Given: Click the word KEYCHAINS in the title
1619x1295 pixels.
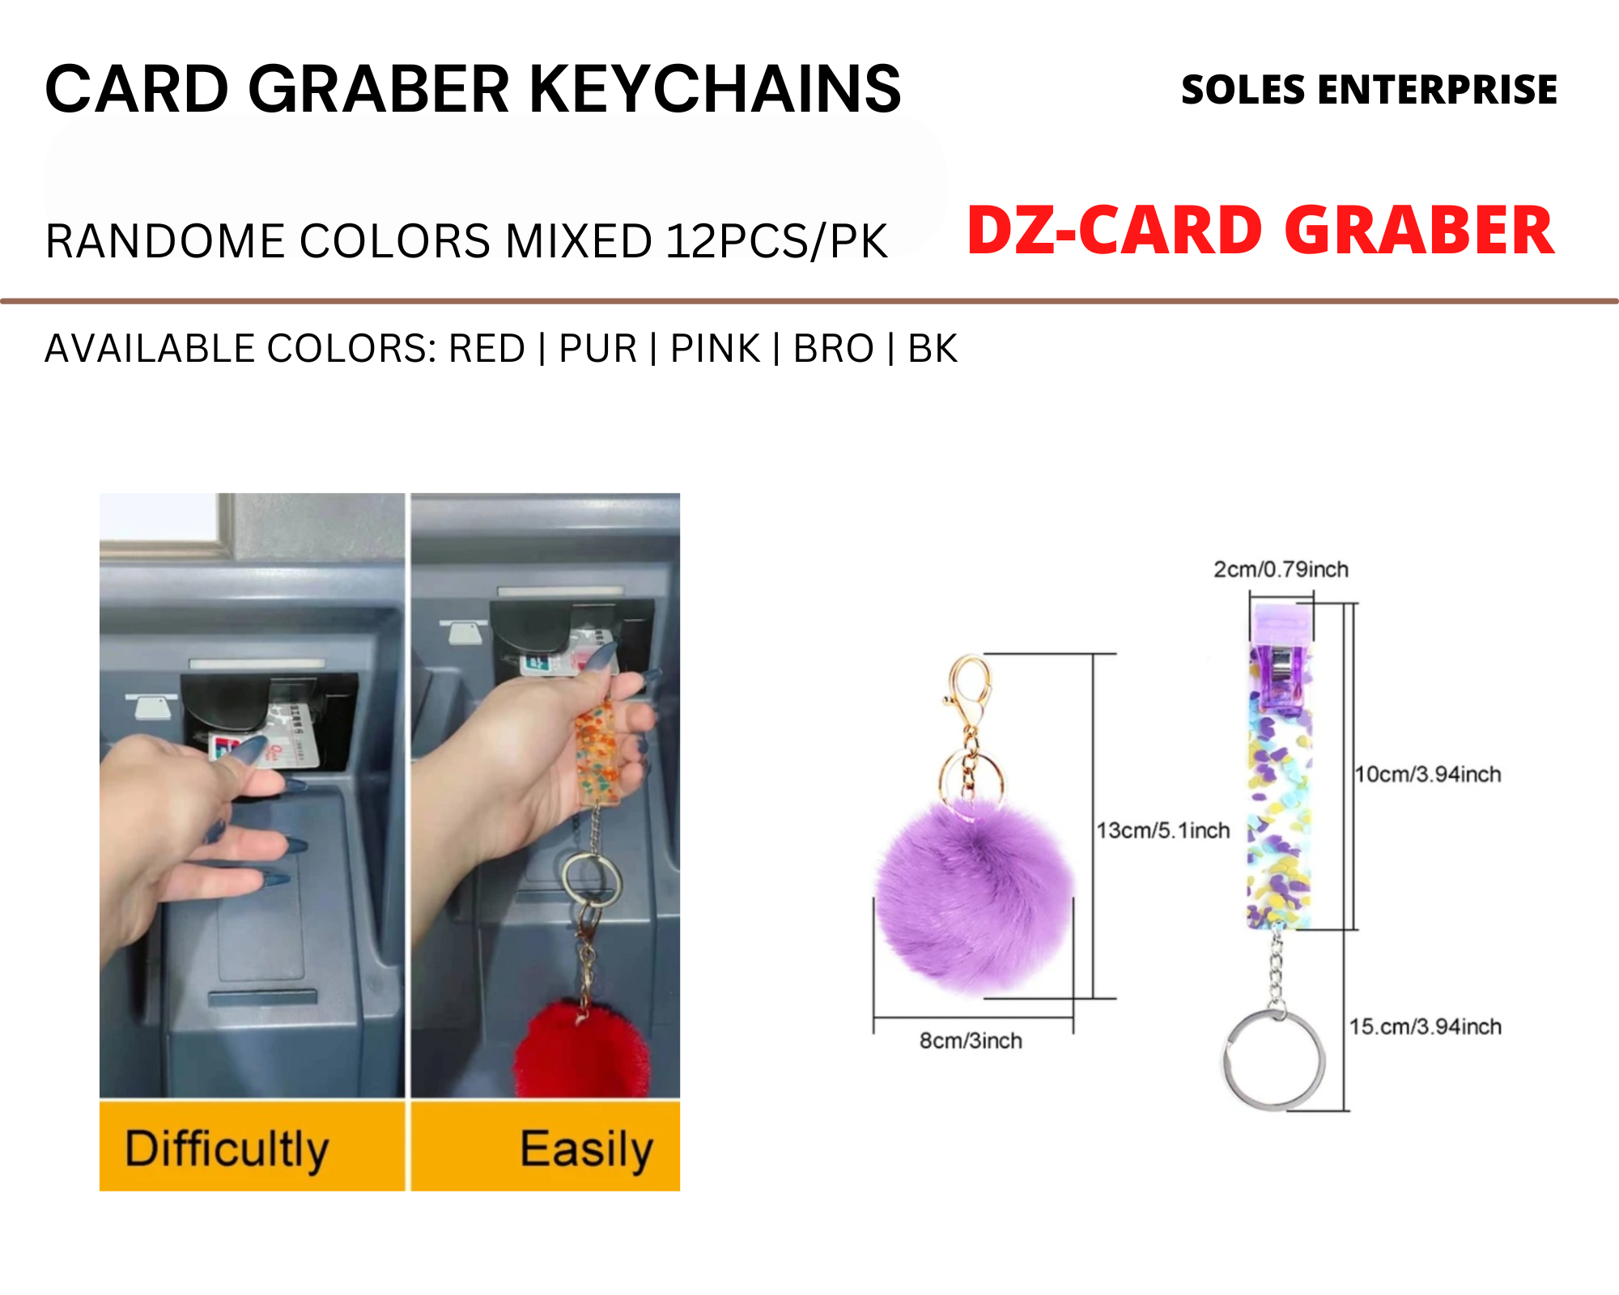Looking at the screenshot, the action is (715, 88).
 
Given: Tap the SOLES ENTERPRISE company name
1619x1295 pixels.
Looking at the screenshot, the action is (1369, 89).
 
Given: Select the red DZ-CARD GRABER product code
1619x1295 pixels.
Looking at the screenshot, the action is (1260, 231).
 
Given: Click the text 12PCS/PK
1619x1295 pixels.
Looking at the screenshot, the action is (776, 241).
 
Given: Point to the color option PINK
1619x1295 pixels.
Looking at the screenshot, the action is (716, 349).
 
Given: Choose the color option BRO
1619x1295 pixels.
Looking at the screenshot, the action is (834, 349).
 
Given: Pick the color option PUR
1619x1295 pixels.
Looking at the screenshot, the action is (598, 349).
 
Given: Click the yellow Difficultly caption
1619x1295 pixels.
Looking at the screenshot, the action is (227, 1149).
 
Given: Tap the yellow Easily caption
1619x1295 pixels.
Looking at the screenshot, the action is (586, 1149).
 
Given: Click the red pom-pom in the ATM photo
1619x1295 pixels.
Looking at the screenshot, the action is (581, 1051).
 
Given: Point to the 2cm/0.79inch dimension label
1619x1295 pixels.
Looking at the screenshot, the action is (1281, 570).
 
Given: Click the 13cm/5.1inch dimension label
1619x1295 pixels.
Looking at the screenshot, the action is (1163, 830).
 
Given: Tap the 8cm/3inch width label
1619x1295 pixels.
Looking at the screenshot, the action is (971, 1041).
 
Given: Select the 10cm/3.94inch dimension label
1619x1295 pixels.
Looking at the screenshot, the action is (1428, 775).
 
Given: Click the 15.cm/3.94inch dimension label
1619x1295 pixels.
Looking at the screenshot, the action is (1425, 1027).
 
